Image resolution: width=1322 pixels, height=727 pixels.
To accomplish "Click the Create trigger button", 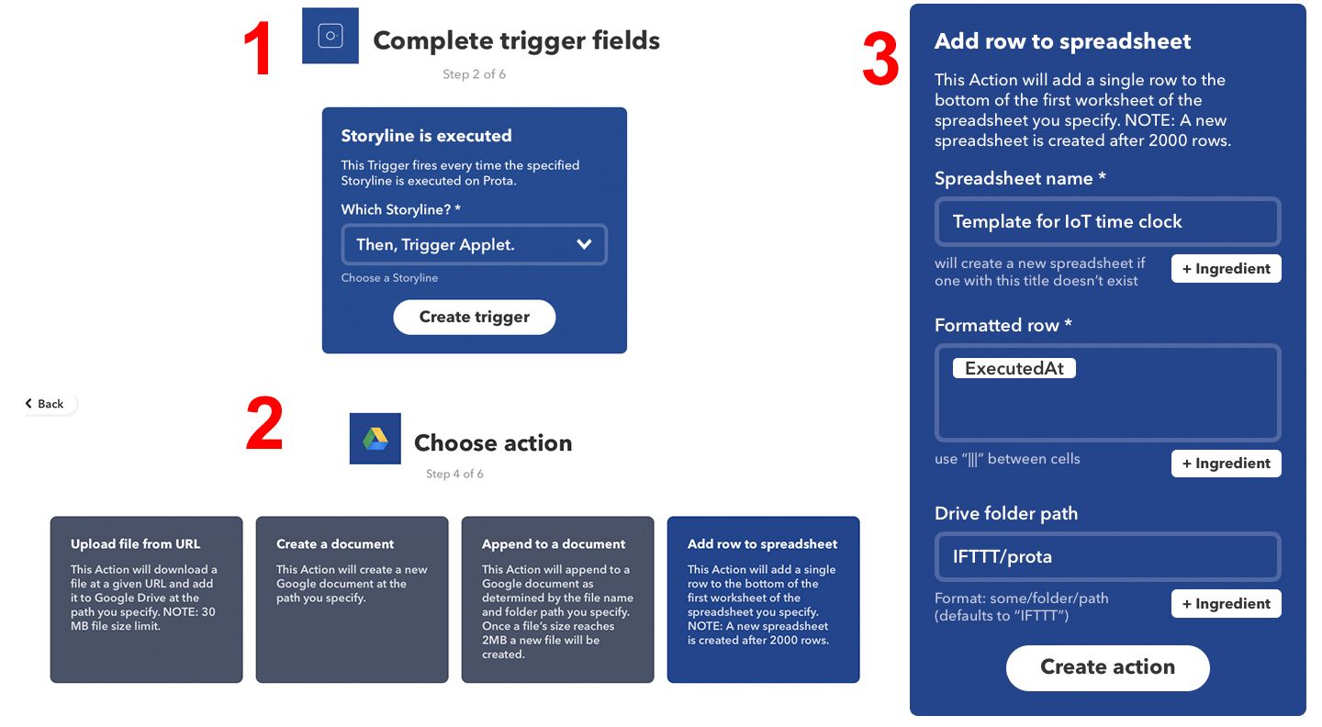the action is (474, 317).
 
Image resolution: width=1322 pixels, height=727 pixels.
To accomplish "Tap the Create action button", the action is (1107, 666).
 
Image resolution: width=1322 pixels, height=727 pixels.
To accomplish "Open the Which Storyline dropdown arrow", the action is (584, 244).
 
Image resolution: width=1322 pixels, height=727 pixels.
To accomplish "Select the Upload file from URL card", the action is (146, 599).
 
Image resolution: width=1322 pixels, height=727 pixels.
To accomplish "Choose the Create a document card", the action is (352, 599).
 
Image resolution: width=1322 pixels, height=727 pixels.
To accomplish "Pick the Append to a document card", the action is (558, 599).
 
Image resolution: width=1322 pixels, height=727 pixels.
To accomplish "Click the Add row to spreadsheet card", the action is (763, 599).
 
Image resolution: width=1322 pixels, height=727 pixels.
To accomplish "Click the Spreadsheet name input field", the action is (1107, 221).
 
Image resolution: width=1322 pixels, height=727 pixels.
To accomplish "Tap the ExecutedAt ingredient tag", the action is (1014, 368).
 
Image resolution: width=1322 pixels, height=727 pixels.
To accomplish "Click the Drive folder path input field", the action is (1107, 556).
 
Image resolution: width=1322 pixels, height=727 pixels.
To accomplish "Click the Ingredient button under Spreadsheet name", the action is (1226, 268).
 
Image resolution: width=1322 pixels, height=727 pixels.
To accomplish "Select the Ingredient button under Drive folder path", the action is (1226, 604).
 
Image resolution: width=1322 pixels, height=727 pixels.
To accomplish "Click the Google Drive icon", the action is (375, 439).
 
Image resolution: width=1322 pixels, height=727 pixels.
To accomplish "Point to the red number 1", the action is (257, 48).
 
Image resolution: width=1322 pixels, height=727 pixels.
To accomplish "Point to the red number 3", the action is (879, 59).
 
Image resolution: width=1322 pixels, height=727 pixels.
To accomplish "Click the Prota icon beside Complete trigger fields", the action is (330, 36).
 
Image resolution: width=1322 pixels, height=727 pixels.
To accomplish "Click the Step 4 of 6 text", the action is (454, 474).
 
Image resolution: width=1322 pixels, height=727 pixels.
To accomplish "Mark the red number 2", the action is (263, 424).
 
